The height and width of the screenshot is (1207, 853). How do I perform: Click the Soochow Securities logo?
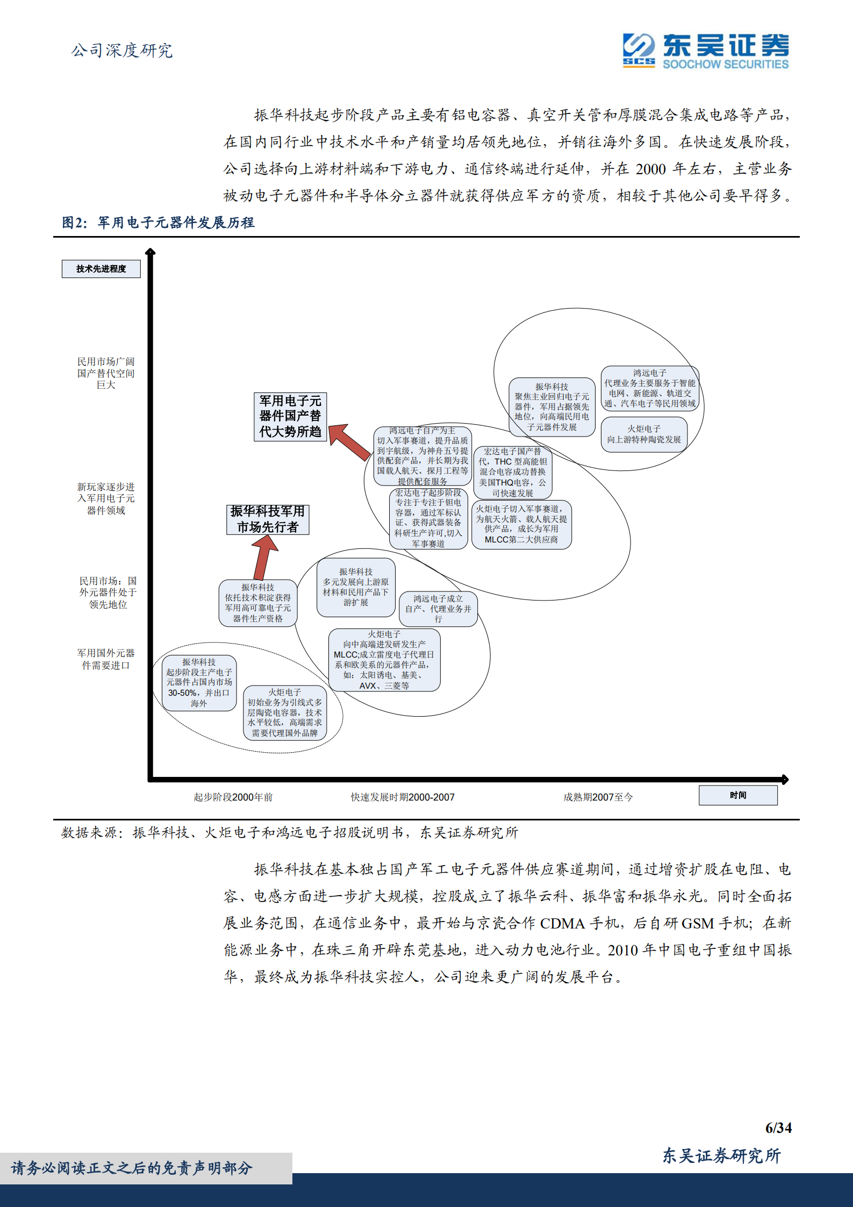705,51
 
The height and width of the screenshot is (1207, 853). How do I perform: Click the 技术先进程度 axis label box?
101,269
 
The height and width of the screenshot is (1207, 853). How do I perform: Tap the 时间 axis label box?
738,795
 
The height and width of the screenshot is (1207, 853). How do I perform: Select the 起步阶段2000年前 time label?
233,797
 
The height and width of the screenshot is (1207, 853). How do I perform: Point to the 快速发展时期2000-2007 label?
403,797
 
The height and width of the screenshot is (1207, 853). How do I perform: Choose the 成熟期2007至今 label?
598,797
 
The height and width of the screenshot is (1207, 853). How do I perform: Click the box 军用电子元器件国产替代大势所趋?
290,417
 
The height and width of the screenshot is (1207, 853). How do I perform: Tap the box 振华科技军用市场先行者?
268,519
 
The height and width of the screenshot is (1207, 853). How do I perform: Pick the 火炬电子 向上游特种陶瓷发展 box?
644,434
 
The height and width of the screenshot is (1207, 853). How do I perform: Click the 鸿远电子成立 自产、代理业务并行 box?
438,609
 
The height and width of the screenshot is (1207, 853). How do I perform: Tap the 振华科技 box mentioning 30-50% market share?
199,683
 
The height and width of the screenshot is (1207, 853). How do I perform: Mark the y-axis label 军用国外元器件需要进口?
106,659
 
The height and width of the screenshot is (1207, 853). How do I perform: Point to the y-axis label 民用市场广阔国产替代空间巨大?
106,373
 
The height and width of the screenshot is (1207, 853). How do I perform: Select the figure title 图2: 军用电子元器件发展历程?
158,223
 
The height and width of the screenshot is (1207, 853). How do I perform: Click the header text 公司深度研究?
122,51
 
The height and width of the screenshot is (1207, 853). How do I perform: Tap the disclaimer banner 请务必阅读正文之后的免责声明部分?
132,1168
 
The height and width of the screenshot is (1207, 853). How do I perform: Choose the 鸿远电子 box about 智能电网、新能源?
650,388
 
